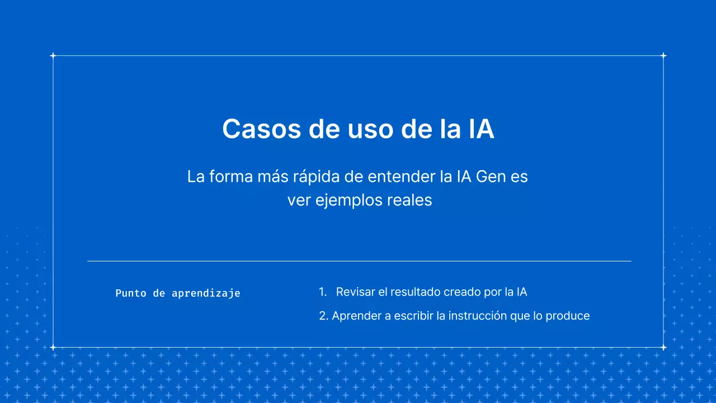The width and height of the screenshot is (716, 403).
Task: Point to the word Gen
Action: point(494,177)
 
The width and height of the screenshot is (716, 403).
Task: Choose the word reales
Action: point(407,200)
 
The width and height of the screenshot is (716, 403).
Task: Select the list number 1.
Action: point(322,292)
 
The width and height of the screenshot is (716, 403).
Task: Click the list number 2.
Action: point(323,316)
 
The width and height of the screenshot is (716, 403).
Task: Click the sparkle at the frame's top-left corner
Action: point(53,55)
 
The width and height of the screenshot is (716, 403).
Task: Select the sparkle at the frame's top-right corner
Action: point(663,55)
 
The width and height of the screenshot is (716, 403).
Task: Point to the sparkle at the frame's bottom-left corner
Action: point(53,348)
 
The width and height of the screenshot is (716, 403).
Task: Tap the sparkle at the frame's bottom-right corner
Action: point(663,348)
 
